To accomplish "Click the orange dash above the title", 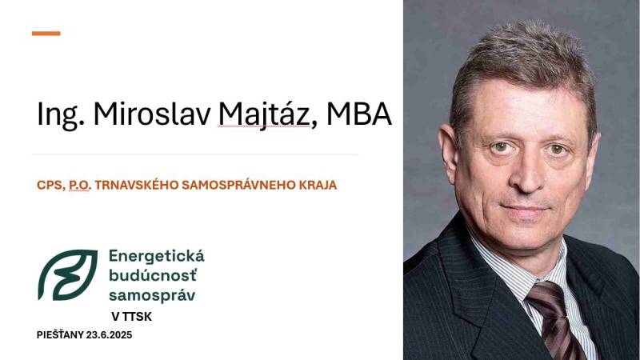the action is (x=46, y=34).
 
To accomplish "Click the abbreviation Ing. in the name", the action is (x=61, y=114).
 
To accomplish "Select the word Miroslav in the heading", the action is (x=152, y=113).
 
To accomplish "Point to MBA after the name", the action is (x=359, y=114).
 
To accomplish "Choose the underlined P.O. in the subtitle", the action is (x=80, y=186).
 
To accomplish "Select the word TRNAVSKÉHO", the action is (x=137, y=185).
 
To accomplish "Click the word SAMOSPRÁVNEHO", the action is (x=238, y=186).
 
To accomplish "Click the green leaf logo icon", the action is (x=68, y=274).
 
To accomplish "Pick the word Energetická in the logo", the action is (x=156, y=257).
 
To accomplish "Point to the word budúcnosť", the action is (x=153, y=275).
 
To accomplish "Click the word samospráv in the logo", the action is (x=152, y=295).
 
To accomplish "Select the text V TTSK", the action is (x=131, y=317).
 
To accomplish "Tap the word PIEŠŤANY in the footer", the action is (x=60, y=335).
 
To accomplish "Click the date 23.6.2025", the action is (x=109, y=335).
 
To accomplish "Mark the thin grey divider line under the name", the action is (x=195, y=154).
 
